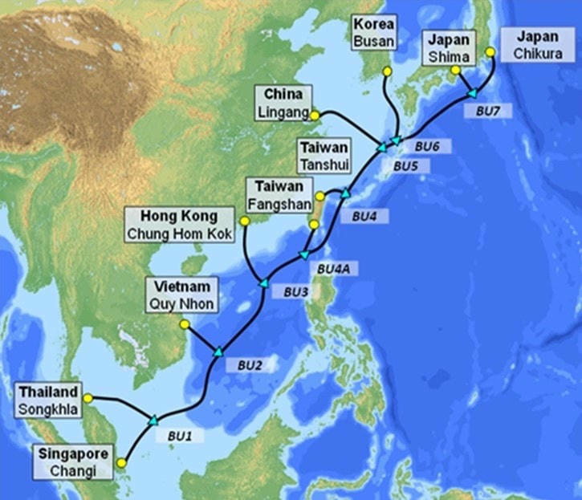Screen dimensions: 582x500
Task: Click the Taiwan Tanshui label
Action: click(324, 156)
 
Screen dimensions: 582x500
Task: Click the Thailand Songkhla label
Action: click(48, 400)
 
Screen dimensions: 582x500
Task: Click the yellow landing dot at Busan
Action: click(387, 71)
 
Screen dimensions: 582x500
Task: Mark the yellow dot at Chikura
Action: click(491, 52)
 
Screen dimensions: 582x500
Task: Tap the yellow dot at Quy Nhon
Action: click(184, 325)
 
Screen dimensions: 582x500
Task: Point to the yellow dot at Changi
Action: click(121, 463)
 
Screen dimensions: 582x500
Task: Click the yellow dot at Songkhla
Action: click(88, 396)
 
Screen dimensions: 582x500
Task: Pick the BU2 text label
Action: click(250, 364)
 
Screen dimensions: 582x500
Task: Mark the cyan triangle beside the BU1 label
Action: click(153, 419)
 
